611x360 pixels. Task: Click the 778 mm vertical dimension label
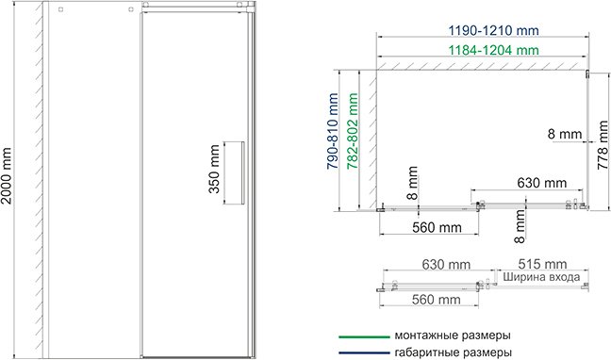pos(602,146)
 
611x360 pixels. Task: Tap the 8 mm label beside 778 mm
pos(566,134)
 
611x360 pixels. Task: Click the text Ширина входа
pos(541,277)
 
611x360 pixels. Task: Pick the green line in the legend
pos(364,335)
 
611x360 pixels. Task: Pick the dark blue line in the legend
pos(364,352)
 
